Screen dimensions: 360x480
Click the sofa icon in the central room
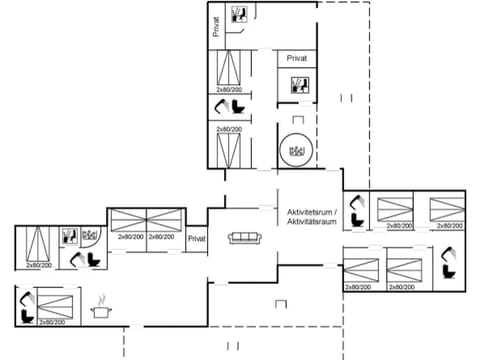244,237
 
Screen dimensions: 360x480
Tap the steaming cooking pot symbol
100,310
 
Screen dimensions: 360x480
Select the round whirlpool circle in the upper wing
296,150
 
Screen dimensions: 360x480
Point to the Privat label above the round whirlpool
296,59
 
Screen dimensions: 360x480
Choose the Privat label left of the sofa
196,238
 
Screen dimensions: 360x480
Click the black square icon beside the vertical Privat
239,14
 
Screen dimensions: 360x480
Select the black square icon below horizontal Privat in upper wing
297,85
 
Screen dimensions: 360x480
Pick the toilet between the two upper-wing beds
222,106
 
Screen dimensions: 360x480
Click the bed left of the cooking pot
55,302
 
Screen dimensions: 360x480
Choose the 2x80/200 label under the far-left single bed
38,265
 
